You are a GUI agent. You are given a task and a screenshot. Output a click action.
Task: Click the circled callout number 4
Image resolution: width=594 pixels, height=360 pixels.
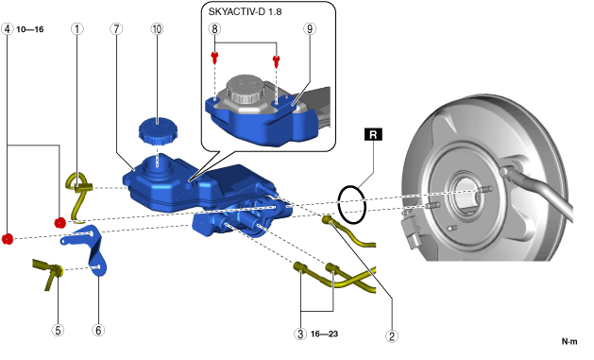point(8,28)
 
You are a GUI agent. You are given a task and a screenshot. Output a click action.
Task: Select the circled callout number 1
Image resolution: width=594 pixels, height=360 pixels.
point(77,28)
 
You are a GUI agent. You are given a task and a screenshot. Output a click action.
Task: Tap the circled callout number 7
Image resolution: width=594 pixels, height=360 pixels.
point(116,28)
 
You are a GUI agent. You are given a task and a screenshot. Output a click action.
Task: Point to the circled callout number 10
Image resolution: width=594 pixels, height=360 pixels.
point(157,28)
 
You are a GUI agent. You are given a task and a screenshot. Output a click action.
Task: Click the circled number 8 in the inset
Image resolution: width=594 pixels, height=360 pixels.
point(214,28)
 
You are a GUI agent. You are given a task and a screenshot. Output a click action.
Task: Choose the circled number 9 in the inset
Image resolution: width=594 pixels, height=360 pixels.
point(310,28)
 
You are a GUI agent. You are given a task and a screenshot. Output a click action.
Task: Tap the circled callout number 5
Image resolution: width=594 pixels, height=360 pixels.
point(58,330)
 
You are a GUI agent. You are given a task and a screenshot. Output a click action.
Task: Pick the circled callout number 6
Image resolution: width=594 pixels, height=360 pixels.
point(98,330)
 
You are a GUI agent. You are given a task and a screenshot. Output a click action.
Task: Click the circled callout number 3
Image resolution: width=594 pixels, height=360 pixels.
point(300,334)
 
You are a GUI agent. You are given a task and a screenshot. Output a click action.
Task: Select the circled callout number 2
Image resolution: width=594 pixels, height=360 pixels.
point(392,335)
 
